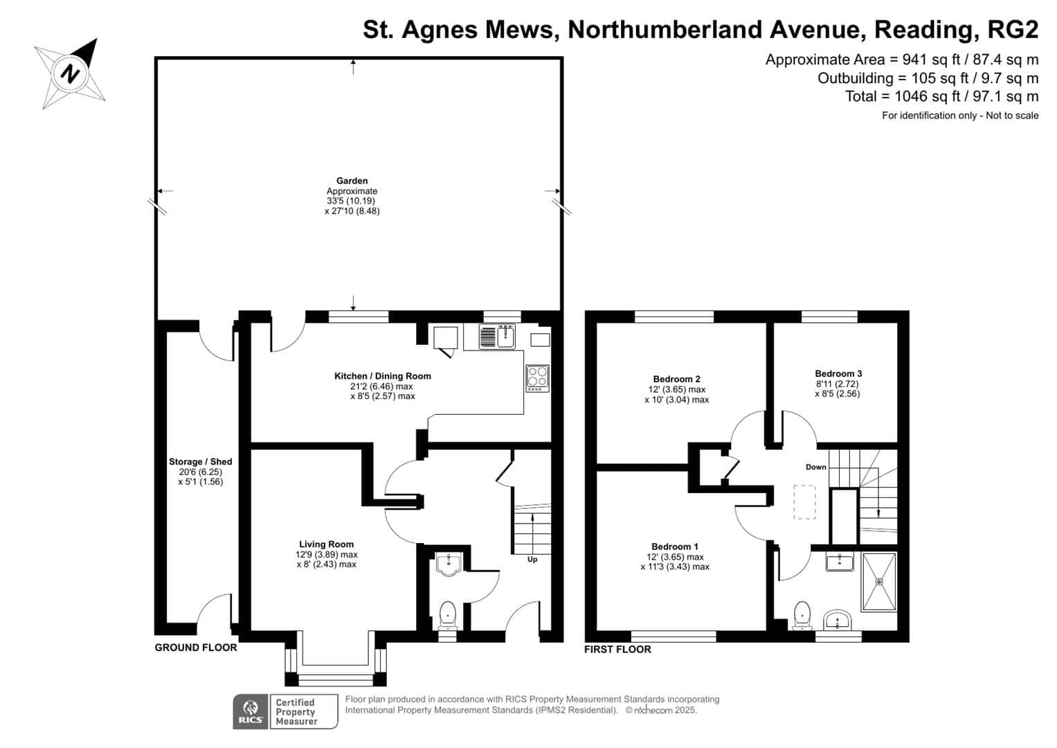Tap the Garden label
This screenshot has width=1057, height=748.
pos(352,181)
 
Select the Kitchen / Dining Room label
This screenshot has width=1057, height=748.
pos(382,376)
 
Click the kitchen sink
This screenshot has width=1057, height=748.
pos(497,337)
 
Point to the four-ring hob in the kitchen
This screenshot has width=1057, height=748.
pos(537,378)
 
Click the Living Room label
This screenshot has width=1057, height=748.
pos(326,544)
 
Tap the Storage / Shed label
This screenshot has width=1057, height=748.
pos(200,462)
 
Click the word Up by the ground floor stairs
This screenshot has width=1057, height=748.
pos(532,560)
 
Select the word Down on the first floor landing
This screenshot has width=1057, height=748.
pos(815,467)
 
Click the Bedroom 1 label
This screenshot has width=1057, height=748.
pos(674,546)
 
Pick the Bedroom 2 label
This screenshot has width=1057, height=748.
pos(676,379)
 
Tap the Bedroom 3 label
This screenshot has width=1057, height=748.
pos(838,373)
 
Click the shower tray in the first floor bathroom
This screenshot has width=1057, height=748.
pos(878,582)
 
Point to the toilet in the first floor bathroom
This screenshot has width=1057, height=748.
pos(802,615)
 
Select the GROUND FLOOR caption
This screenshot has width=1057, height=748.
pos(195,648)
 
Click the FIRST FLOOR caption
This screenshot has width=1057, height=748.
pos(617,650)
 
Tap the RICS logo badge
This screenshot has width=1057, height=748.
pos(250,711)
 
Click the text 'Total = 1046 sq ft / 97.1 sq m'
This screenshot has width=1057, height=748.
pos(941,96)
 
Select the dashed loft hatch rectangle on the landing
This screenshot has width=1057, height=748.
pos(804,502)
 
